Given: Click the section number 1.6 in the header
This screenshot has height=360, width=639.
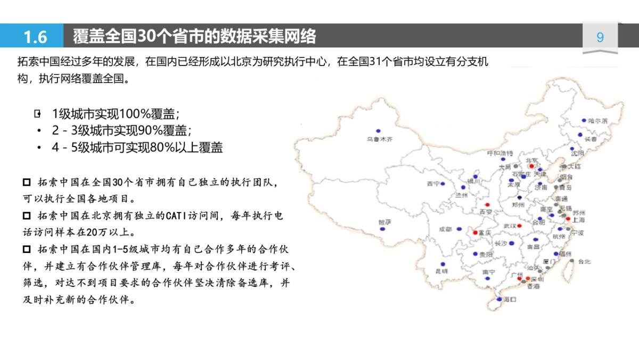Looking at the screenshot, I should pyautogui.click(x=35, y=37).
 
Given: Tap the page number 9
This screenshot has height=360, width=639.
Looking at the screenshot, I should pyautogui.click(x=600, y=37).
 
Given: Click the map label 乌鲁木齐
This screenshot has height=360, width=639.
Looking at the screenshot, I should pyautogui.click(x=379, y=139).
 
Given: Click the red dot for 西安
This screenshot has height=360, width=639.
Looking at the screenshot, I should pyautogui.click(x=486, y=205).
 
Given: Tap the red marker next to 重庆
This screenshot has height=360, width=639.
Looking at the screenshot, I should pyautogui.click(x=475, y=233).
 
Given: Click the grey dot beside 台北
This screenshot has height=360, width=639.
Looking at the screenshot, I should pyautogui.click(x=572, y=261).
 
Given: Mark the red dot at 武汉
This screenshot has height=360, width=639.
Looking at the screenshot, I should pyautogui.click(x=519, y=226).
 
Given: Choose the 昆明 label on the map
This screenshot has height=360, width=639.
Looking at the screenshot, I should pyautogui.click(x=442, y=271).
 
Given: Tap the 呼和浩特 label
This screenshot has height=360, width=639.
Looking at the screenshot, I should pyautogui.click(x=500, y=153).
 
